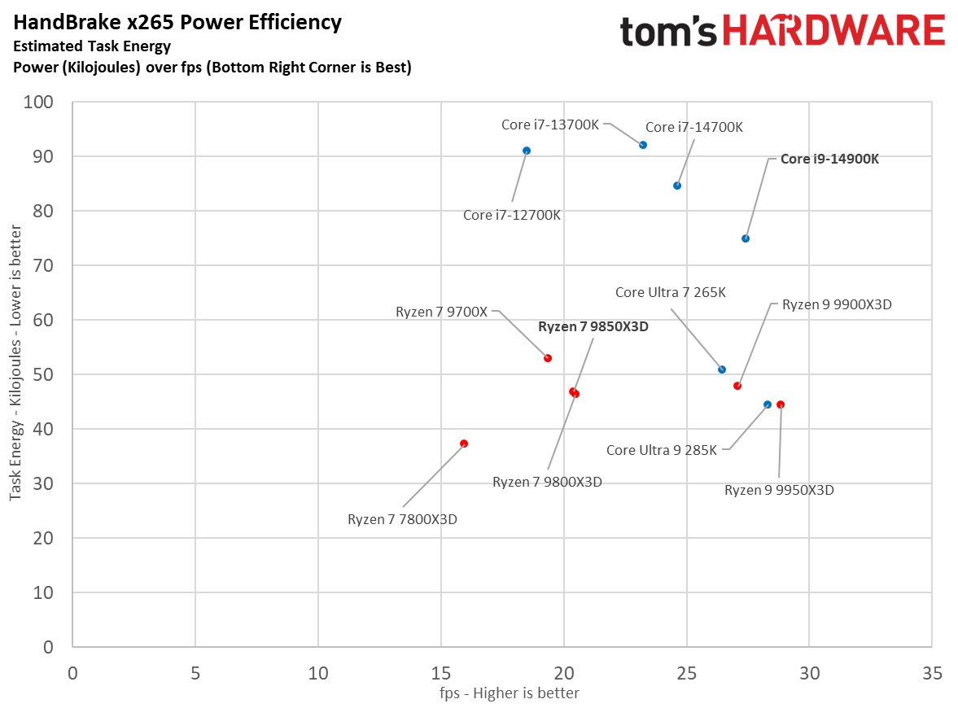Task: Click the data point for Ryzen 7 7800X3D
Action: tap(464, 444)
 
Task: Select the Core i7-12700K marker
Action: tap(527, 151)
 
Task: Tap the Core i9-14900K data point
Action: tap(746, 238)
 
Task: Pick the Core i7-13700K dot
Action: tap(643, 145)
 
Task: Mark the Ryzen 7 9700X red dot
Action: tap(548, 358)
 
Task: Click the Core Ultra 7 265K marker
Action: tap(722, 369)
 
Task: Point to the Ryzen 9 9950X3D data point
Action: tap(781, 404)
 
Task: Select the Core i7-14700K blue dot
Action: tap(677, 186)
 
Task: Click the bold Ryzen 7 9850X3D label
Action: tap(598, 326)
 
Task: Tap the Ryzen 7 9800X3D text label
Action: tap(547, 482)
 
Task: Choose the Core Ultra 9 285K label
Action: tap(662, 450)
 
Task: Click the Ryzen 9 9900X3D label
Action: tap(837, 305)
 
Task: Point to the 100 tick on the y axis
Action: tap(41, 103)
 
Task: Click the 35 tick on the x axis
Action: tap(932, 674)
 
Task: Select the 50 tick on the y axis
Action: tap(45, 375)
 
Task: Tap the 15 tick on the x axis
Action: tap(441, 674)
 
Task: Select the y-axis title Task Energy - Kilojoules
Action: tap(15, 374)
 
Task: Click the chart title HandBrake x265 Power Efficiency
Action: tap(177, 23)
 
